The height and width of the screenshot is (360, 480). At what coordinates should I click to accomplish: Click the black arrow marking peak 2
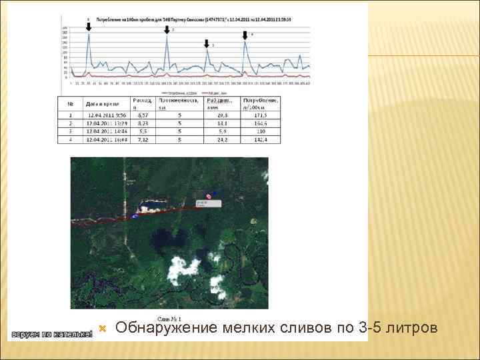coord(167,30)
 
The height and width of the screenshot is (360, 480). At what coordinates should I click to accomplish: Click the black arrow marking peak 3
coord(207,43)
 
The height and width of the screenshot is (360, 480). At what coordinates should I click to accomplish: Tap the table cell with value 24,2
coord(223,139)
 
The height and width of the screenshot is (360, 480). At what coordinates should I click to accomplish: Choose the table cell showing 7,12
coord(143,139)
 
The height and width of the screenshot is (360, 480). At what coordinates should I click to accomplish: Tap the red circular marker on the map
coord(209,197)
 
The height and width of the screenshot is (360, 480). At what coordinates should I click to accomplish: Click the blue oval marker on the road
coord(135,215)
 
